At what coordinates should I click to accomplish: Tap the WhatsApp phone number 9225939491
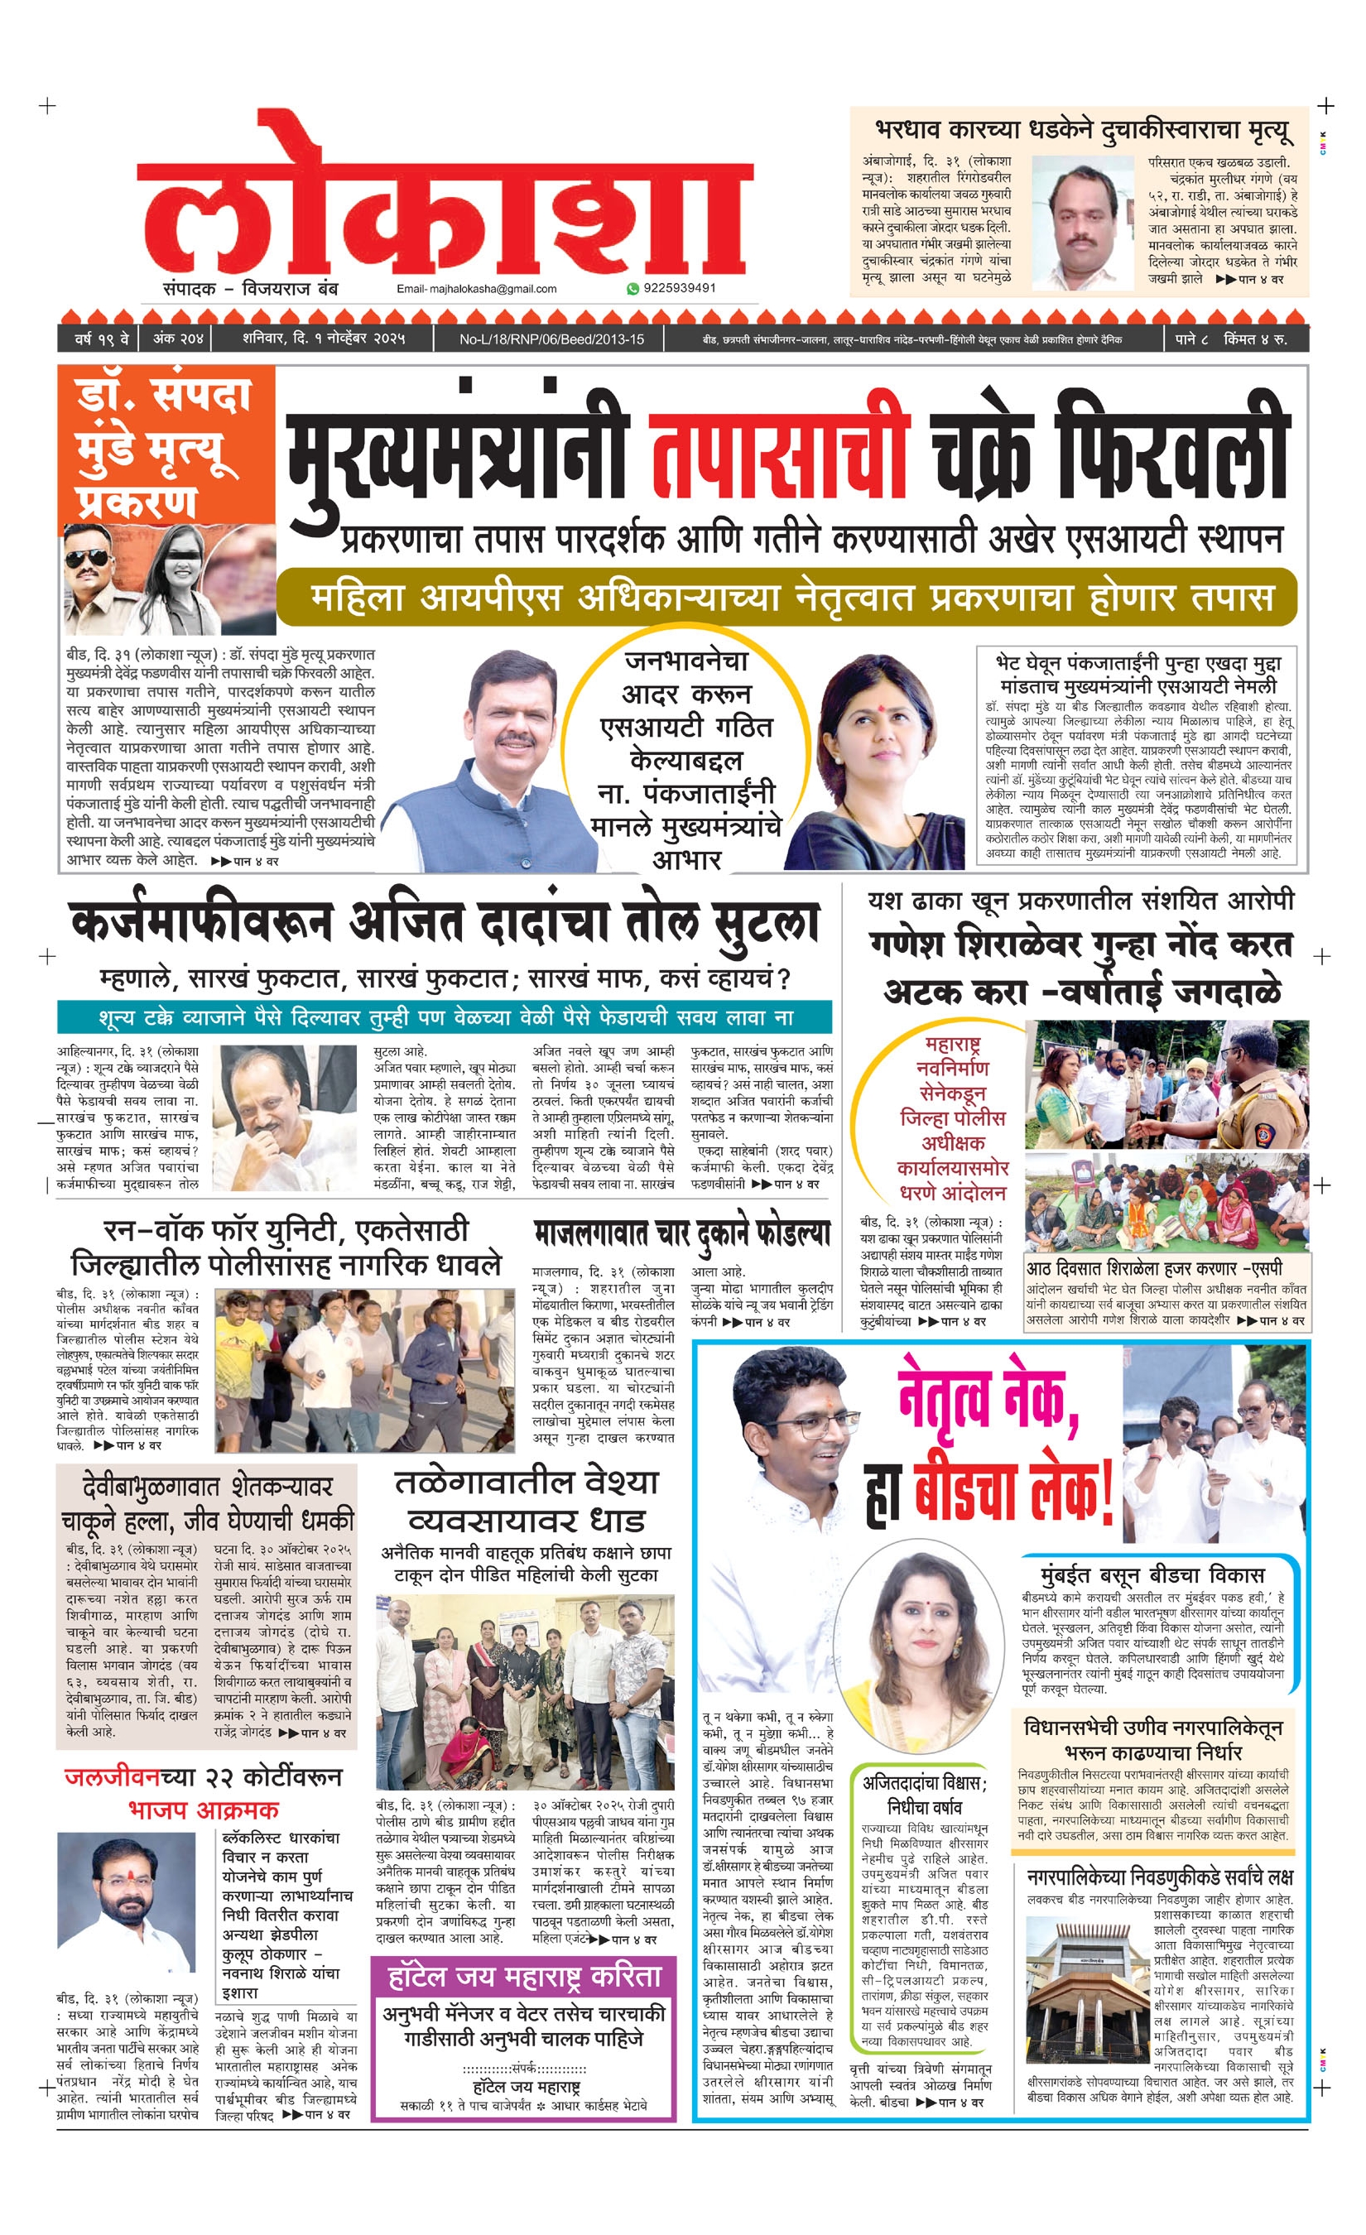pos(679,288)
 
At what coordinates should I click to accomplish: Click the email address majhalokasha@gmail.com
pos(476,290)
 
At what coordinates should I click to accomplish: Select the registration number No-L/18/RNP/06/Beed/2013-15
pos(551,339)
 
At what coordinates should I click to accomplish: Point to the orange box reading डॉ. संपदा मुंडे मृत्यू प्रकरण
pos(165,446)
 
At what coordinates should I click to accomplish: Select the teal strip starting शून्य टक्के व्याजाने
pos(445,1017)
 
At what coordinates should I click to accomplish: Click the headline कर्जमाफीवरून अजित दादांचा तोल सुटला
pos(445,924)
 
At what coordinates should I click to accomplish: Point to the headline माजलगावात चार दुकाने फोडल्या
pos(682,1233)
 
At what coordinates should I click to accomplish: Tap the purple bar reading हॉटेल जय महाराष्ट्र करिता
pos(524,1977)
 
